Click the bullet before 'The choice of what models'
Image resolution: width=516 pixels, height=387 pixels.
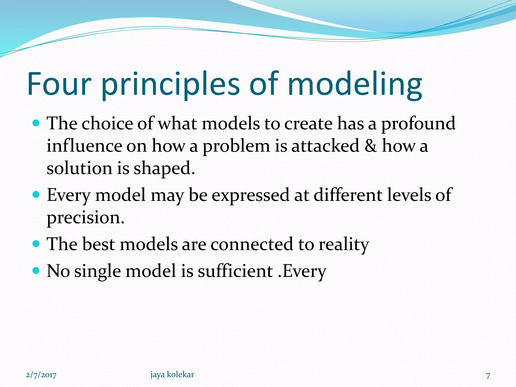coord(36,123)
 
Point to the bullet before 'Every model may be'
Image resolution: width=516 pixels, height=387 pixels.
coord(36,195)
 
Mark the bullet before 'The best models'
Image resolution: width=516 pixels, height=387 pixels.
coord(36,244)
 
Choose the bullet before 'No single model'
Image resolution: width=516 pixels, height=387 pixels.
coord(36,271)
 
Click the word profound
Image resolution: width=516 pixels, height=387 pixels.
coord(418,124)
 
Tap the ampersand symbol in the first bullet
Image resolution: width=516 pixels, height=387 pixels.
coord(371,146)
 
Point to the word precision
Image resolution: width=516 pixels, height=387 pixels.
coord(85,218)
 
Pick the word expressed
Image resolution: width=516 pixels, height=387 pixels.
coord(250,195)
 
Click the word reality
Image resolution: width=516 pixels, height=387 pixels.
coord(344,244)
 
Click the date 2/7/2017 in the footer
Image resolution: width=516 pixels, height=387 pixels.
coord(41,375)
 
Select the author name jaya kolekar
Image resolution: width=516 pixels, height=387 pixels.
coord(172,374)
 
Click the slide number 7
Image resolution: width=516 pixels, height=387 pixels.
coord(488,376)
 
